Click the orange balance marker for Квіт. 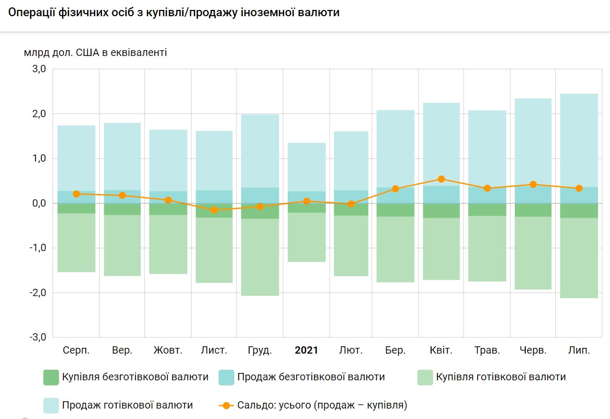point(441,179)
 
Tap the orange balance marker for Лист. point(214,210)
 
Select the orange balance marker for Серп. point(76,194)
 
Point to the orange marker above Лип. point(579,188)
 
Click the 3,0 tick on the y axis point(40,69)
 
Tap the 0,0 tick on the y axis point(40,203)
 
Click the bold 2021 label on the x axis point(307,350)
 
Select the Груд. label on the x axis point(260,350)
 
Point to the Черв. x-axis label point(533,350)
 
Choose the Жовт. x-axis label point(168,350)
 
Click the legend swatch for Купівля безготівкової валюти point(51,377)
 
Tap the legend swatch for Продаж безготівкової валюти point(227,377)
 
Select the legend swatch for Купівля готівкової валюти point(426,377)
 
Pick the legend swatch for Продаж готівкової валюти point(51,405)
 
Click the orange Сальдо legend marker point(226,405)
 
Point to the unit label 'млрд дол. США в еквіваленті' point(95,53)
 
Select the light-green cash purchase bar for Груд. point(260,256)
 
